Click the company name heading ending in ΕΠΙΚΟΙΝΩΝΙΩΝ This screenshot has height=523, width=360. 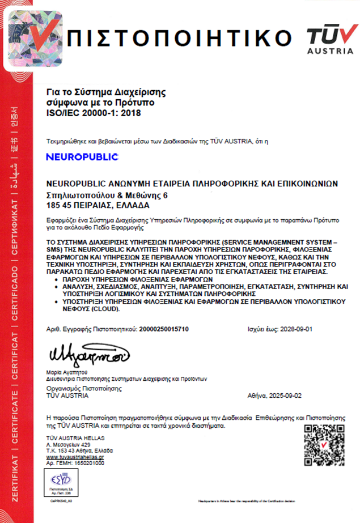click(x=192, y=184)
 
